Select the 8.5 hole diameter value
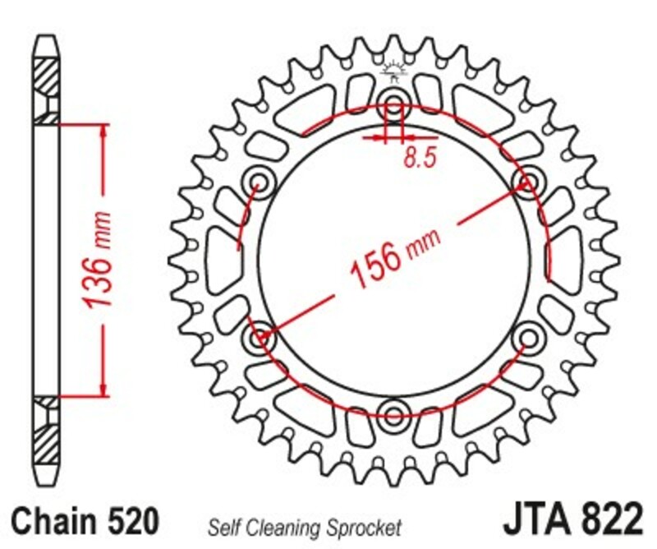(418, 159)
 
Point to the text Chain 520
(85, 522)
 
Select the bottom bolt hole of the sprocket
(393, 411)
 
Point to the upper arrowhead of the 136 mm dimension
(103, 131)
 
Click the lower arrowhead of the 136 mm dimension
(103, 388)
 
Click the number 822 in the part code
(611, 521)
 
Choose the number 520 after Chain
(131, 522)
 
